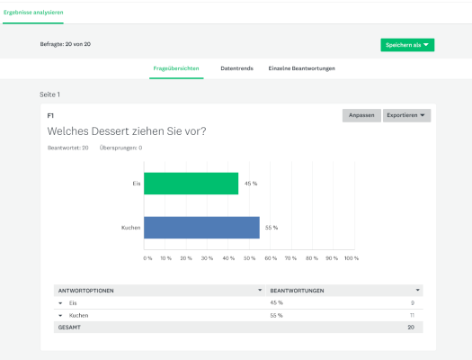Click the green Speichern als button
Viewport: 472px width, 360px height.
click(x=407, y=44)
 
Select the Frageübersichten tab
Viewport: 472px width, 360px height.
click(x=176, y=68)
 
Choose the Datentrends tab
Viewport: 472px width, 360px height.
click(x=236, y=68)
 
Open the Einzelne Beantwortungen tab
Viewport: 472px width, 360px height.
click(x=302, y=68)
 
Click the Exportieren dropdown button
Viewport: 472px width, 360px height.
click(x=406, y=115)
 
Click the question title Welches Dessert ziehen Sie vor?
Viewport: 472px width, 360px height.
click(x=127, y=131)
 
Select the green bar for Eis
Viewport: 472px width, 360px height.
click(x=191, y=184)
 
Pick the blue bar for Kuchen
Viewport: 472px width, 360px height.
click(x=201, y=227)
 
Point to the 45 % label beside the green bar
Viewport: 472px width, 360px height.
click(x=250, y=184)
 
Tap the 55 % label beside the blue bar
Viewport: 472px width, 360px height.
click(x=271, y=228)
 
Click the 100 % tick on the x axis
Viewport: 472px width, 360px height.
click(x=352, y=258)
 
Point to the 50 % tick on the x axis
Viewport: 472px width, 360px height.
click(x=249, y=258)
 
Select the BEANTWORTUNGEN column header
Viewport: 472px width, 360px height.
click(x=298, y=291)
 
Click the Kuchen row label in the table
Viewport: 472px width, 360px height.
click(x=78, y=316)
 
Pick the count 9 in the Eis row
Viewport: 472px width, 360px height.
click(x=413, y=303)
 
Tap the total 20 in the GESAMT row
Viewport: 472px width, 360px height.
click(x=411, y=328)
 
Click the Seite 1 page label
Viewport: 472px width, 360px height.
click(x=50, y=94)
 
